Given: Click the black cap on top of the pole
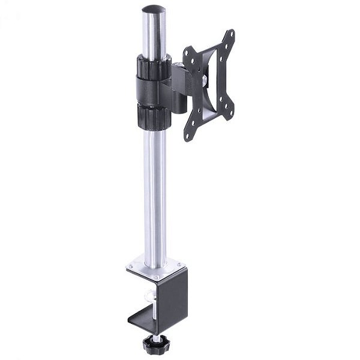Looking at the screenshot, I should [154, 10].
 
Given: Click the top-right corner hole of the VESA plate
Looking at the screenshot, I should [229, 34].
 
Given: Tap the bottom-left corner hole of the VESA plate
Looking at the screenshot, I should [188, 136].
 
